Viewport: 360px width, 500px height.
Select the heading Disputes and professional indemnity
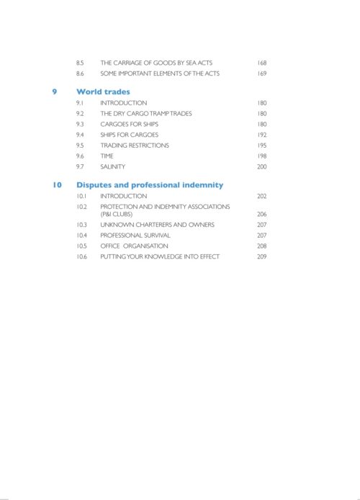click(x=150, y=184)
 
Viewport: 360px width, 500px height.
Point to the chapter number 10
click(x=57, y=184)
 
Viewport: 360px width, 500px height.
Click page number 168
click(x=261, y=63)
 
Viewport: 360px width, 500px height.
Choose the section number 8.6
click(x=81, y=73)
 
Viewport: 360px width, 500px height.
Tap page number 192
click(x=261, y=135)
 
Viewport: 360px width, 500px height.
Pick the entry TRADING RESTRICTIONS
click(x=135, y=146)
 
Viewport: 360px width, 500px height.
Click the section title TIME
click(x=107, y=156)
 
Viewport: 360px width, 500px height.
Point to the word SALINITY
click(x=113, y=167)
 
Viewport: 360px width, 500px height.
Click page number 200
click(x=261, y=167)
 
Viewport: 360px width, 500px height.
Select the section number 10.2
click(x=81, y=207)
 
